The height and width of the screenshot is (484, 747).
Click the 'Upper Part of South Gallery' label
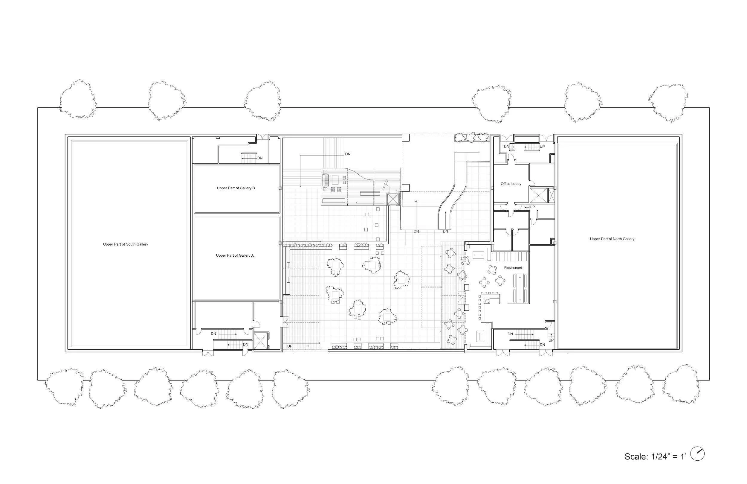pyautogui.click(x=126, y=244)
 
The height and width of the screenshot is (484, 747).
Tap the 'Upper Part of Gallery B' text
pyautogui.click(x=236, y=188)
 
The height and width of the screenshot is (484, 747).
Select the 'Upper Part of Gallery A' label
pyautogui.click(x=235, y=256)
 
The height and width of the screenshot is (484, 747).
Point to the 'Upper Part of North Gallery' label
pyautogui.click(x=612, y=239)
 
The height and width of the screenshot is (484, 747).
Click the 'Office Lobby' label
pyautogui.click(x=511, y=184)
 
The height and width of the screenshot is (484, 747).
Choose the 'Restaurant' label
pyautogui.click(x=513, y=268)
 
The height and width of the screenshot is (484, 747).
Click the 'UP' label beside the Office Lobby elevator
pyautogui.click(x=532, y=207)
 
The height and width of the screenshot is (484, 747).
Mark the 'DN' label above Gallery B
pyautogui.click(x=260, y=158)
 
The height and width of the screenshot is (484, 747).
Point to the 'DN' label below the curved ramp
pyautogui.click(x=445, y=232)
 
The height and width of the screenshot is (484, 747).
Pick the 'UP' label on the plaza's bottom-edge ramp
pyautogui.click(x=290, y=346)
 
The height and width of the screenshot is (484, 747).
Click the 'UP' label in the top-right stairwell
pyautogui.click(x=542, y=147)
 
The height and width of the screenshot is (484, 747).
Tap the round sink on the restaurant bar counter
pyautogui.click(x=487, y=301)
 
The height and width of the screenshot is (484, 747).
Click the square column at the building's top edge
pyautogui.click(x=407, y=138)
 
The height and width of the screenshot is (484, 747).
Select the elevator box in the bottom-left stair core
pyautogui.click(x=260, y=341)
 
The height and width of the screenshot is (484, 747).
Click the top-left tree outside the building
pyautogui.click(x=78, y=99)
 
